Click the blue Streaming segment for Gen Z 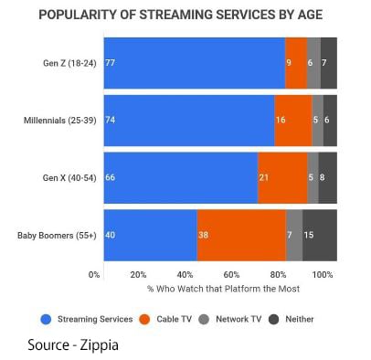(195, 63)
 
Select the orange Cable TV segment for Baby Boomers (241, 235)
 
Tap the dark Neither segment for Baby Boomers (320, 235)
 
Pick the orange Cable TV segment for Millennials (293, 121)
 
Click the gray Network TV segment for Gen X (313, 177)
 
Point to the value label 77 (110, 63)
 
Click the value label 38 (203, 235)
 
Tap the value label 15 (309, 235)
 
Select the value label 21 (264, 177)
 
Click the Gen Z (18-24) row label (69, 63)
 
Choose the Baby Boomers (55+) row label (57, 236)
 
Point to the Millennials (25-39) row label (60, 121)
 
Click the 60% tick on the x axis (231, 275)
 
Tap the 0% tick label (94, 275)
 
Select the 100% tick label (323, 275)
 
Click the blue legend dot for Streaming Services (46, 320)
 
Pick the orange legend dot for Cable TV (144, 320)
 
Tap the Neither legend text (300, 319)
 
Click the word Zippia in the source (100, 345)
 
